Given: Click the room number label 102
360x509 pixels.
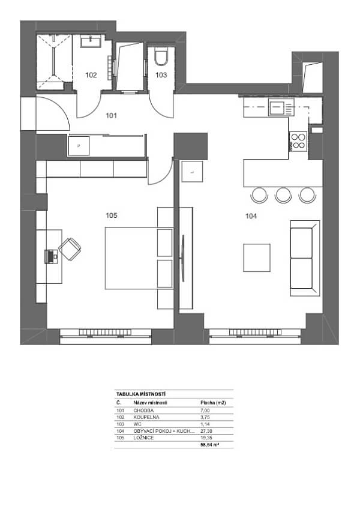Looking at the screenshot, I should tap(91, 76).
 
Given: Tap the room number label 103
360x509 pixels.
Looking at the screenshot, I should tap(161, 76).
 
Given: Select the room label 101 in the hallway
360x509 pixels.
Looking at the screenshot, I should tap(112, 115).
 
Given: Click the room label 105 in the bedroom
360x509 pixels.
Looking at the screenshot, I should tap(111, 215).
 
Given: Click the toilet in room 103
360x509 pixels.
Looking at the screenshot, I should tap(160, 58).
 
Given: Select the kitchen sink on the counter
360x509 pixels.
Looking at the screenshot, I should tap(277, 108).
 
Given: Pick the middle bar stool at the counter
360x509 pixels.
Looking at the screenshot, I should tap(283, 194).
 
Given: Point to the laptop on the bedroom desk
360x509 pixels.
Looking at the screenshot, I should tap(52, 256).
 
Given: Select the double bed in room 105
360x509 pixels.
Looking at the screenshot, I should tap(139, 258).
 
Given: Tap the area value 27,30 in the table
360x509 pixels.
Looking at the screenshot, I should tap(205, 431).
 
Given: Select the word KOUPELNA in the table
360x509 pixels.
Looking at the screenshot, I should tap(147, 417).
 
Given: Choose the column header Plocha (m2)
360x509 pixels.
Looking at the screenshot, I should tap(212, 403).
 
